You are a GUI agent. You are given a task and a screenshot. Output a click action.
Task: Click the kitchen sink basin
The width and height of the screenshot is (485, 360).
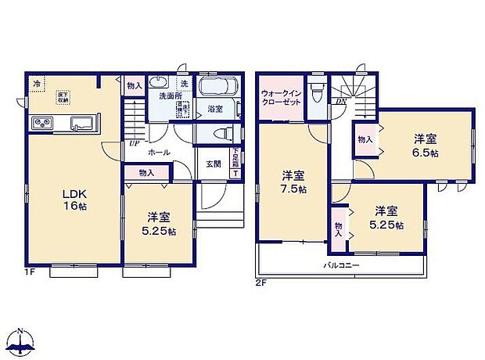pyautogui.click(x=81, y=123)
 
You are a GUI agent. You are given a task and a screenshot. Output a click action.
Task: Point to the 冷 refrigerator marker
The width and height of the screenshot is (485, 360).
pyautogui.click(x=37, y=82)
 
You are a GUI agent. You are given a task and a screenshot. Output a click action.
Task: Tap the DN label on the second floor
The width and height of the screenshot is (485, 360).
pyautogui.click(x=341, y=101)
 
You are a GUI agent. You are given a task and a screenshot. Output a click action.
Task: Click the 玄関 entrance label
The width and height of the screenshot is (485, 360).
pyautogui.click(x=214, y=164)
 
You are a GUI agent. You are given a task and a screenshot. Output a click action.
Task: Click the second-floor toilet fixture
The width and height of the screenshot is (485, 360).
pyautogui.click(x=317, y=93)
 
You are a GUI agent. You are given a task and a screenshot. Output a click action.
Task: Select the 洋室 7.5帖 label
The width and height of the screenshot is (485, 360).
pyautogui.click(x=293, y=183)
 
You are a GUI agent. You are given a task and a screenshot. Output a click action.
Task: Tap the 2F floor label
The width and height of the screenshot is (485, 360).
pyautogui.click(x=260, y=283)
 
